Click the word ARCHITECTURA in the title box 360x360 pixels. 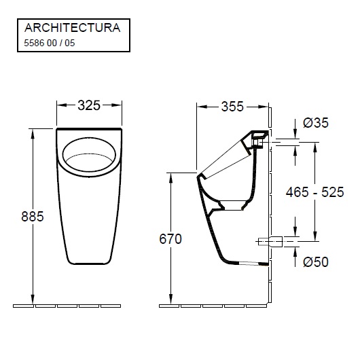point(72,28)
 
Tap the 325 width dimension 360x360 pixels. point(89,105)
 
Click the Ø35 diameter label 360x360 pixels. point(317,123)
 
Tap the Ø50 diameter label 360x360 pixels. point(317,262)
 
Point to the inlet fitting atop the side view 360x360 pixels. point(258,138)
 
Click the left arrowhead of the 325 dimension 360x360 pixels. point(60,105)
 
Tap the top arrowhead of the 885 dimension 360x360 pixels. point(33,131)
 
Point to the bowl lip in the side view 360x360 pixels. point(199,175)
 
